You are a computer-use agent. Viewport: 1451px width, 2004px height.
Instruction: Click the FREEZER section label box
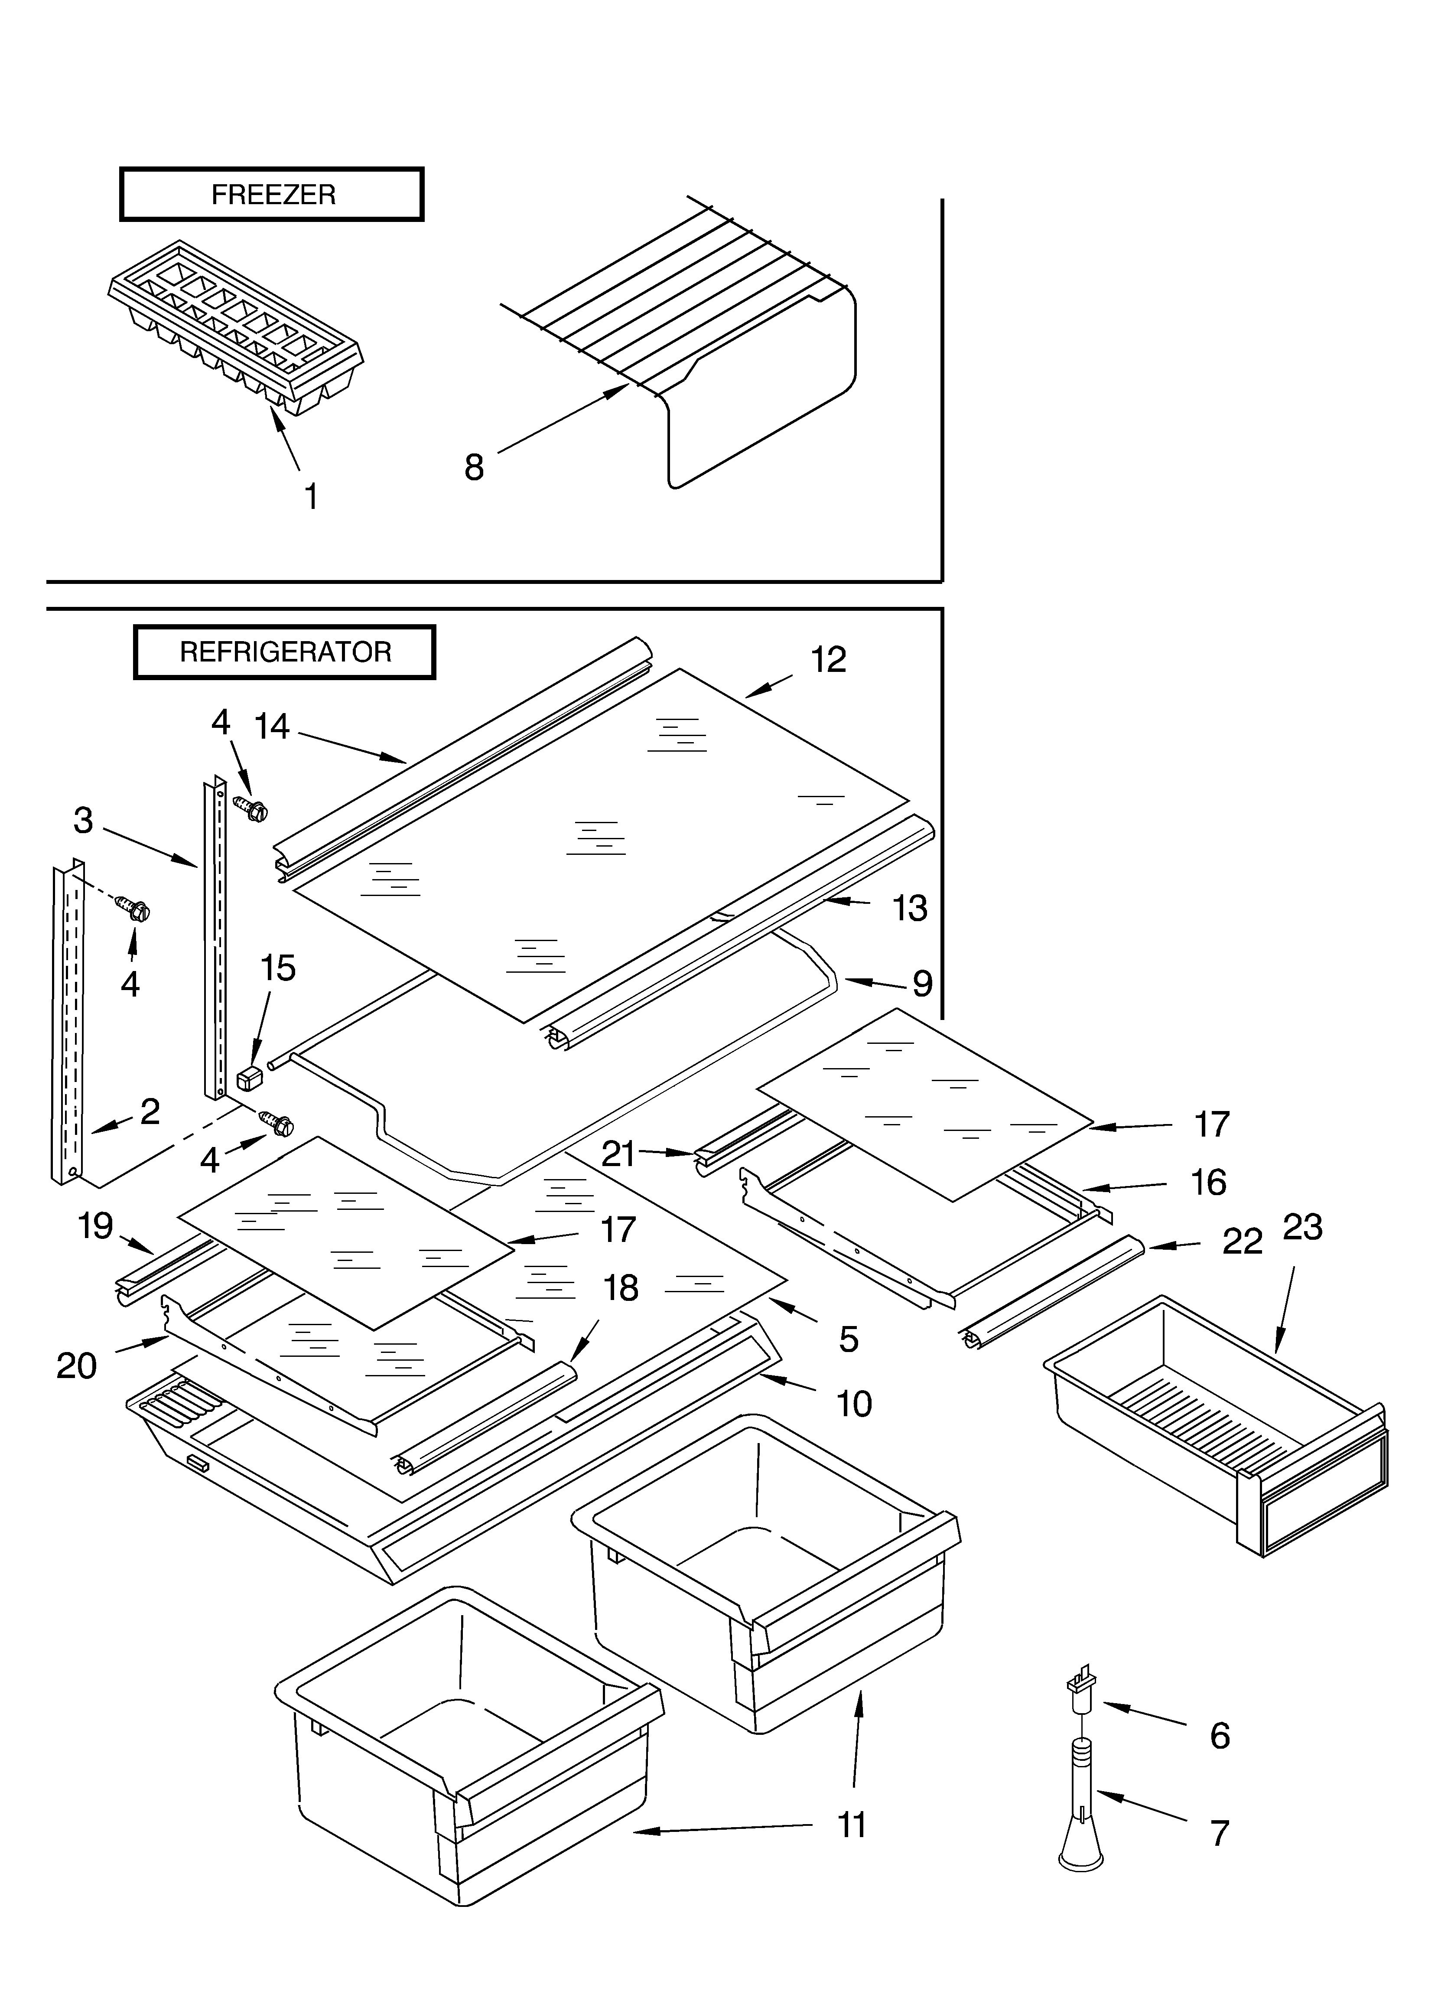271,193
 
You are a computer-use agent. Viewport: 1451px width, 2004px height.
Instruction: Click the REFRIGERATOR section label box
285,652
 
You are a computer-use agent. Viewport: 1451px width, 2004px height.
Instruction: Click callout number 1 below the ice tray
311,497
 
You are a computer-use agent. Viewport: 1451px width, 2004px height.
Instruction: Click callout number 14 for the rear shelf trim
272,727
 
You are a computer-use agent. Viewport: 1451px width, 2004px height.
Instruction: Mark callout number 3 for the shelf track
83,821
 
